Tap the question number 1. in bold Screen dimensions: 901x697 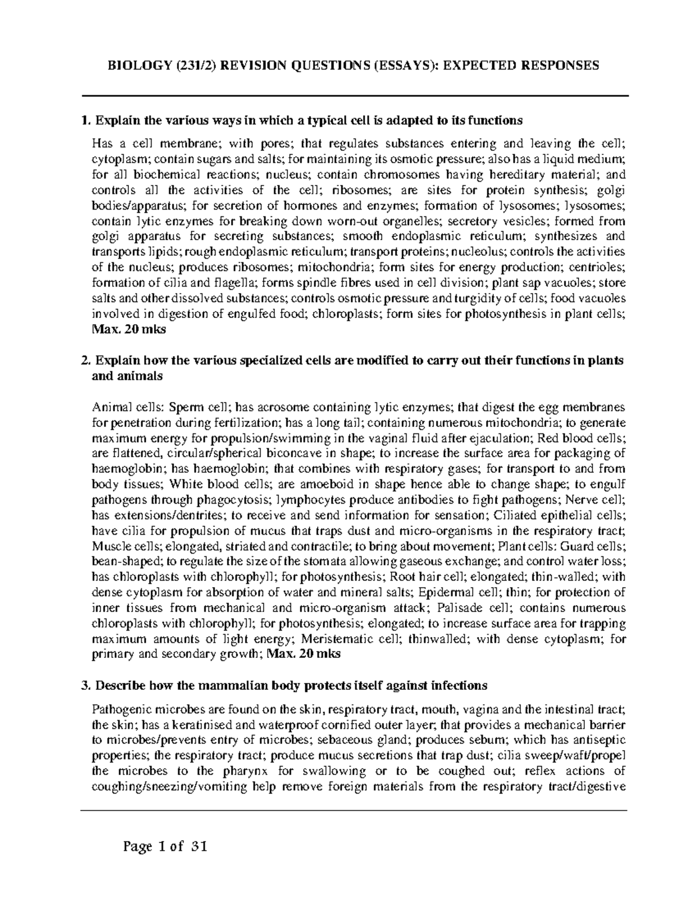tap(87, 121)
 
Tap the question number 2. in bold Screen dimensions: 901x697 tap(87, 360)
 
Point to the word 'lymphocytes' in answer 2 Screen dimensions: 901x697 tap(308, 500)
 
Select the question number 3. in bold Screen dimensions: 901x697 tap(87, 685)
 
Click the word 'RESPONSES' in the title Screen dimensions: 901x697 tap(557, 65)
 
